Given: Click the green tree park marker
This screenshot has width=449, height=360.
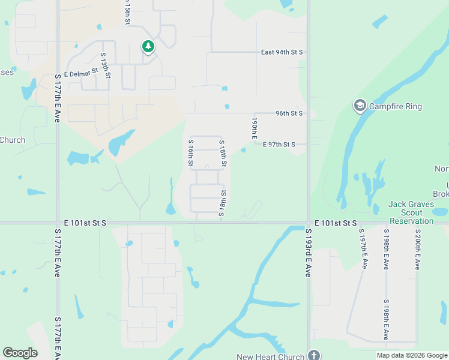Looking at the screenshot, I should (148, 46).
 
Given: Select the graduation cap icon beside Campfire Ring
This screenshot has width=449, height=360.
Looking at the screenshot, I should (360, 106).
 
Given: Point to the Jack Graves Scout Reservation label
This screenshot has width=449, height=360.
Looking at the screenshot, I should (411, 212).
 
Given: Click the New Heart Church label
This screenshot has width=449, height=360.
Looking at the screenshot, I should (270, 356).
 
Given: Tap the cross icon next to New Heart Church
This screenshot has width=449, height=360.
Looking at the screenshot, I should (313, 355).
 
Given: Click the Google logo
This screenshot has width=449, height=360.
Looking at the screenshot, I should (20, 353).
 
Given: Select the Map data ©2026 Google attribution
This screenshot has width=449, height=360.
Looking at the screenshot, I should (411, 355).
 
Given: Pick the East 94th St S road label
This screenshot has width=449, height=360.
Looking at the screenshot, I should (282, 53).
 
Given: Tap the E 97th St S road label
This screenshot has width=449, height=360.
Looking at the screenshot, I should (279, 145).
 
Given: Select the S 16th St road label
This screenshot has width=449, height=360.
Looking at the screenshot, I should (191, 152).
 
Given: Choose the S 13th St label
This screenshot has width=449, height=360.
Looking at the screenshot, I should (105, 65).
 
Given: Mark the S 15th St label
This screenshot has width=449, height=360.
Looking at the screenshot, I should (128, 12).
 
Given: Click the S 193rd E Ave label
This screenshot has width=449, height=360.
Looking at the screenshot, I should (308, 252).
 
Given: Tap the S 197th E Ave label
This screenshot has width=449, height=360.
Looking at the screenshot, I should (363, 248).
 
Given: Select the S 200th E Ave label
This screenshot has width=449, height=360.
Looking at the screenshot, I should (417, 249).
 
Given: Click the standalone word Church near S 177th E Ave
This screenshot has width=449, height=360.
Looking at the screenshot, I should (13, 140).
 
